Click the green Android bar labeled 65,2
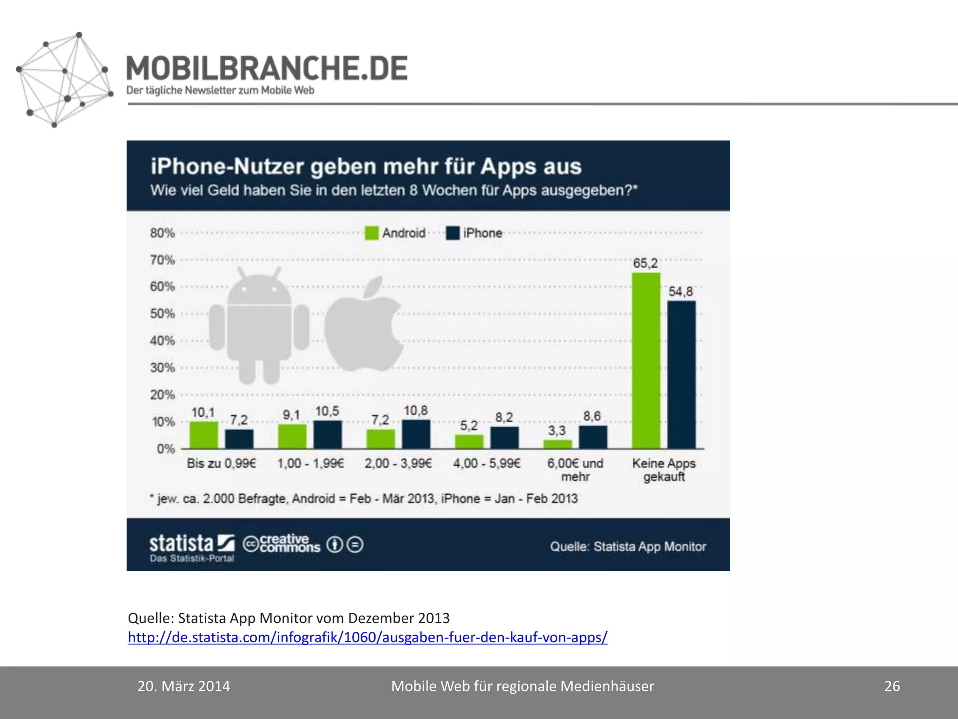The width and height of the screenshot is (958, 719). [646, 360]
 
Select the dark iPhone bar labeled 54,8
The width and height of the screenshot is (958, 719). [681, 374]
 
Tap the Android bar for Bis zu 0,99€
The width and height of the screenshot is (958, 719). [203, 435]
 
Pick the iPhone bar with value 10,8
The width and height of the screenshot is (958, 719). [416, 434]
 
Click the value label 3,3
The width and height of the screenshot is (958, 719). [557, 430]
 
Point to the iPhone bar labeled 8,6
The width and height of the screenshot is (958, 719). [593, 437]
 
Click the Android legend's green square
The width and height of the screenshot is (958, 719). [371, 233]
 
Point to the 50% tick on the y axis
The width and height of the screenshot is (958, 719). [162, 314]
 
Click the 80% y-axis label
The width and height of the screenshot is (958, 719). [162, 233]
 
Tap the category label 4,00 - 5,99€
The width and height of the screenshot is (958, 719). [486, 463]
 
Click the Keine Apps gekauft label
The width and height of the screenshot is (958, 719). [664, 470]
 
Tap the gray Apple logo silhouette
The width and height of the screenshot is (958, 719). [363, 328]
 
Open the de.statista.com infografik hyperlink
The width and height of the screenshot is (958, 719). [367, 638]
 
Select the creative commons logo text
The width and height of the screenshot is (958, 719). [282, 544]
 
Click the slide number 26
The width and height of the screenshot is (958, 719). [892, 686]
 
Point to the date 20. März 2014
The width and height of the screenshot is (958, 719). [184, 686]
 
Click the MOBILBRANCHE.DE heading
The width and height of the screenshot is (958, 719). [267, 68]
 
